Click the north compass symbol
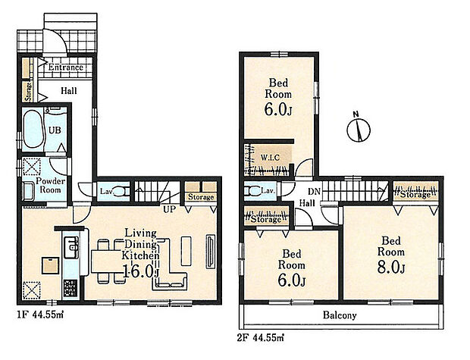tap(359, 129)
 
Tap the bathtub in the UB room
tap(33, 129)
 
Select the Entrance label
tap(66, 67)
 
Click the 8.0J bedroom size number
tap(391, 267)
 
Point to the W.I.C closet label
tap(270, 158)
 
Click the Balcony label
tap(340, 315)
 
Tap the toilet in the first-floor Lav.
tap(123, 191)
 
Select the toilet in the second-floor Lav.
tap(252, 191)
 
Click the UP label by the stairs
tap(170, 209)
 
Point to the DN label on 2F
tap(314, 192)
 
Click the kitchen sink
tap(71, 247)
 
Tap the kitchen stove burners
tap(70, 288)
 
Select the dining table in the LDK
tap(106, 261)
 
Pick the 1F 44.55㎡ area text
tap(40, 315)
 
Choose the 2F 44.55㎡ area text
tap(261, 338)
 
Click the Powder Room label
tap(50, 185)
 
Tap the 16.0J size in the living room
tap(140, 271)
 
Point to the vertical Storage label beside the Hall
tap(28, 92)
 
